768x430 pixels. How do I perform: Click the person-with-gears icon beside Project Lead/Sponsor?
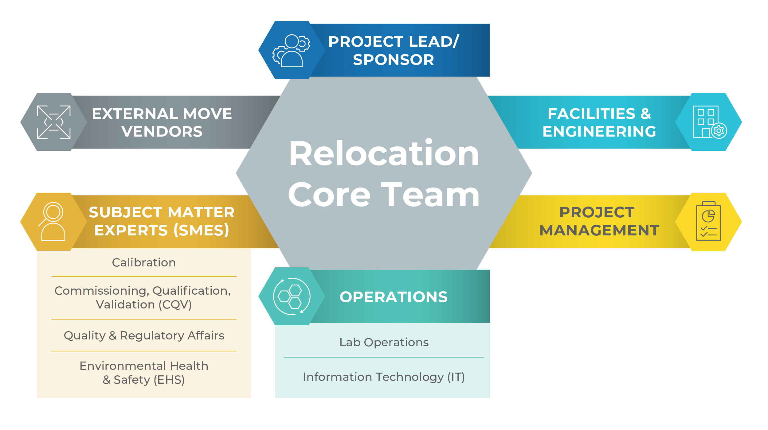[291, 50]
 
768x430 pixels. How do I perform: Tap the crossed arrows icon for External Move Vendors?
[54, 122]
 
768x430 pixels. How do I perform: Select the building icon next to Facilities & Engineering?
[709, 122]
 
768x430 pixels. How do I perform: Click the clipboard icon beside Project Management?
[708, 221]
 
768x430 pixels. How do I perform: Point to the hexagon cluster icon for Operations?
[292, 296]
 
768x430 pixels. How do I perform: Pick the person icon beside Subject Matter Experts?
[53, 221]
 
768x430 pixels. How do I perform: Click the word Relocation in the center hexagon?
[384, 153]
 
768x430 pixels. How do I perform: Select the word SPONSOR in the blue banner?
[393, 60]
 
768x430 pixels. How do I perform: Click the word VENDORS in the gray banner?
[162, 132]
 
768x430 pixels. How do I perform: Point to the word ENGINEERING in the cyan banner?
[599, 132]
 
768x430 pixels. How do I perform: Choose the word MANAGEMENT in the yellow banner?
[599, 230]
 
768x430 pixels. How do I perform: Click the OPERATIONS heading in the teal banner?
[394, 297]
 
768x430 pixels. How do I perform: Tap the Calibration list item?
[144, 263]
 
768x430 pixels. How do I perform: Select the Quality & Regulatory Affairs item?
[144, 335]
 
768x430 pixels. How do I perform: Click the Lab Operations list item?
[384, 342]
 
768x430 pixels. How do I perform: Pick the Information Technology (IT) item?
[384, 377]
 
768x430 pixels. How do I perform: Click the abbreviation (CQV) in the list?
[175, 304]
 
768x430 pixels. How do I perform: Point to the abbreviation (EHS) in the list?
[169, 380]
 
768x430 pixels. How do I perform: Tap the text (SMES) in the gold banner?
[201, 230]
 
